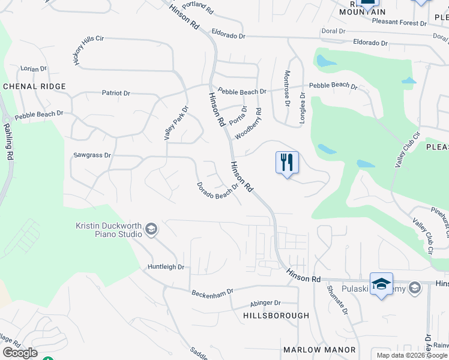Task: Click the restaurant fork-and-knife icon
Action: [x=287, y=162]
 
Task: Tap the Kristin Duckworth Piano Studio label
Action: [x=109, y=230]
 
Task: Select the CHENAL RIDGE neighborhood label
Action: [x=34, y=86]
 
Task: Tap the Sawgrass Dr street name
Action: [x=92, y=155]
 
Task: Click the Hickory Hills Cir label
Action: [x=89, y=50]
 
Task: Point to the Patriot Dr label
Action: [x=116, y=93]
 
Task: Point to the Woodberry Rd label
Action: [x=249, y=124]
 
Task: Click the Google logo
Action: [x=20, y=353]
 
